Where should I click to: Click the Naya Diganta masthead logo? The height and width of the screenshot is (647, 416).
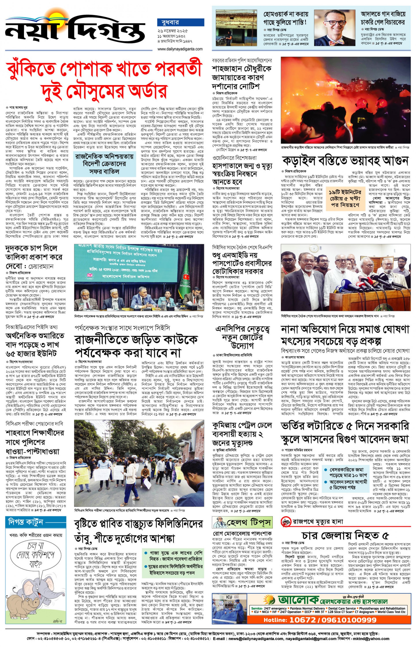click(x=76, y=30)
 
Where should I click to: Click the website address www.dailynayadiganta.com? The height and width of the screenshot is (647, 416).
click(x=180, y=49)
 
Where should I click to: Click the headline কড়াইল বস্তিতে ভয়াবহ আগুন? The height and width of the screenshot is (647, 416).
click(x=345, y=160)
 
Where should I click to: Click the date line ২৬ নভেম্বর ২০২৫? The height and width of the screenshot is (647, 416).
click(x=173, y=31)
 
